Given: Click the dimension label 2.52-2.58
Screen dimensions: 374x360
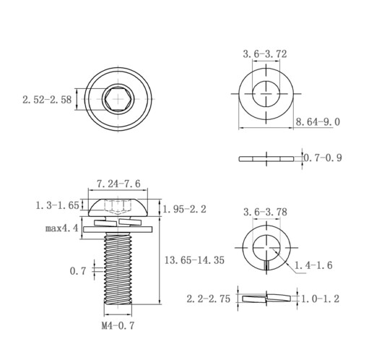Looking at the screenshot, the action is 47,100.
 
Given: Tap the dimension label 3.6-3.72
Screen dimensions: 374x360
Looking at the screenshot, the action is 265,54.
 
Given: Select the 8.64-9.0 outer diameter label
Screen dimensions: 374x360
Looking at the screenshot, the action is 318,122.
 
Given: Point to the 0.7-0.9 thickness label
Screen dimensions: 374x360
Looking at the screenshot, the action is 323,158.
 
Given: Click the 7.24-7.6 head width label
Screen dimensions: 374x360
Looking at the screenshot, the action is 118,184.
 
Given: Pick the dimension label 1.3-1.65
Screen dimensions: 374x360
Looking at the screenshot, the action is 57,205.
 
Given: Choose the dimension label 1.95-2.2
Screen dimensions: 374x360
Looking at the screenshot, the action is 185,209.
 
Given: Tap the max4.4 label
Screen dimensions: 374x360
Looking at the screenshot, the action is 62,228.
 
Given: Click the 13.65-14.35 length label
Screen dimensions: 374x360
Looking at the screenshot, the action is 194,260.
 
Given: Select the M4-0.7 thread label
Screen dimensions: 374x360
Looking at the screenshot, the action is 118,326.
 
